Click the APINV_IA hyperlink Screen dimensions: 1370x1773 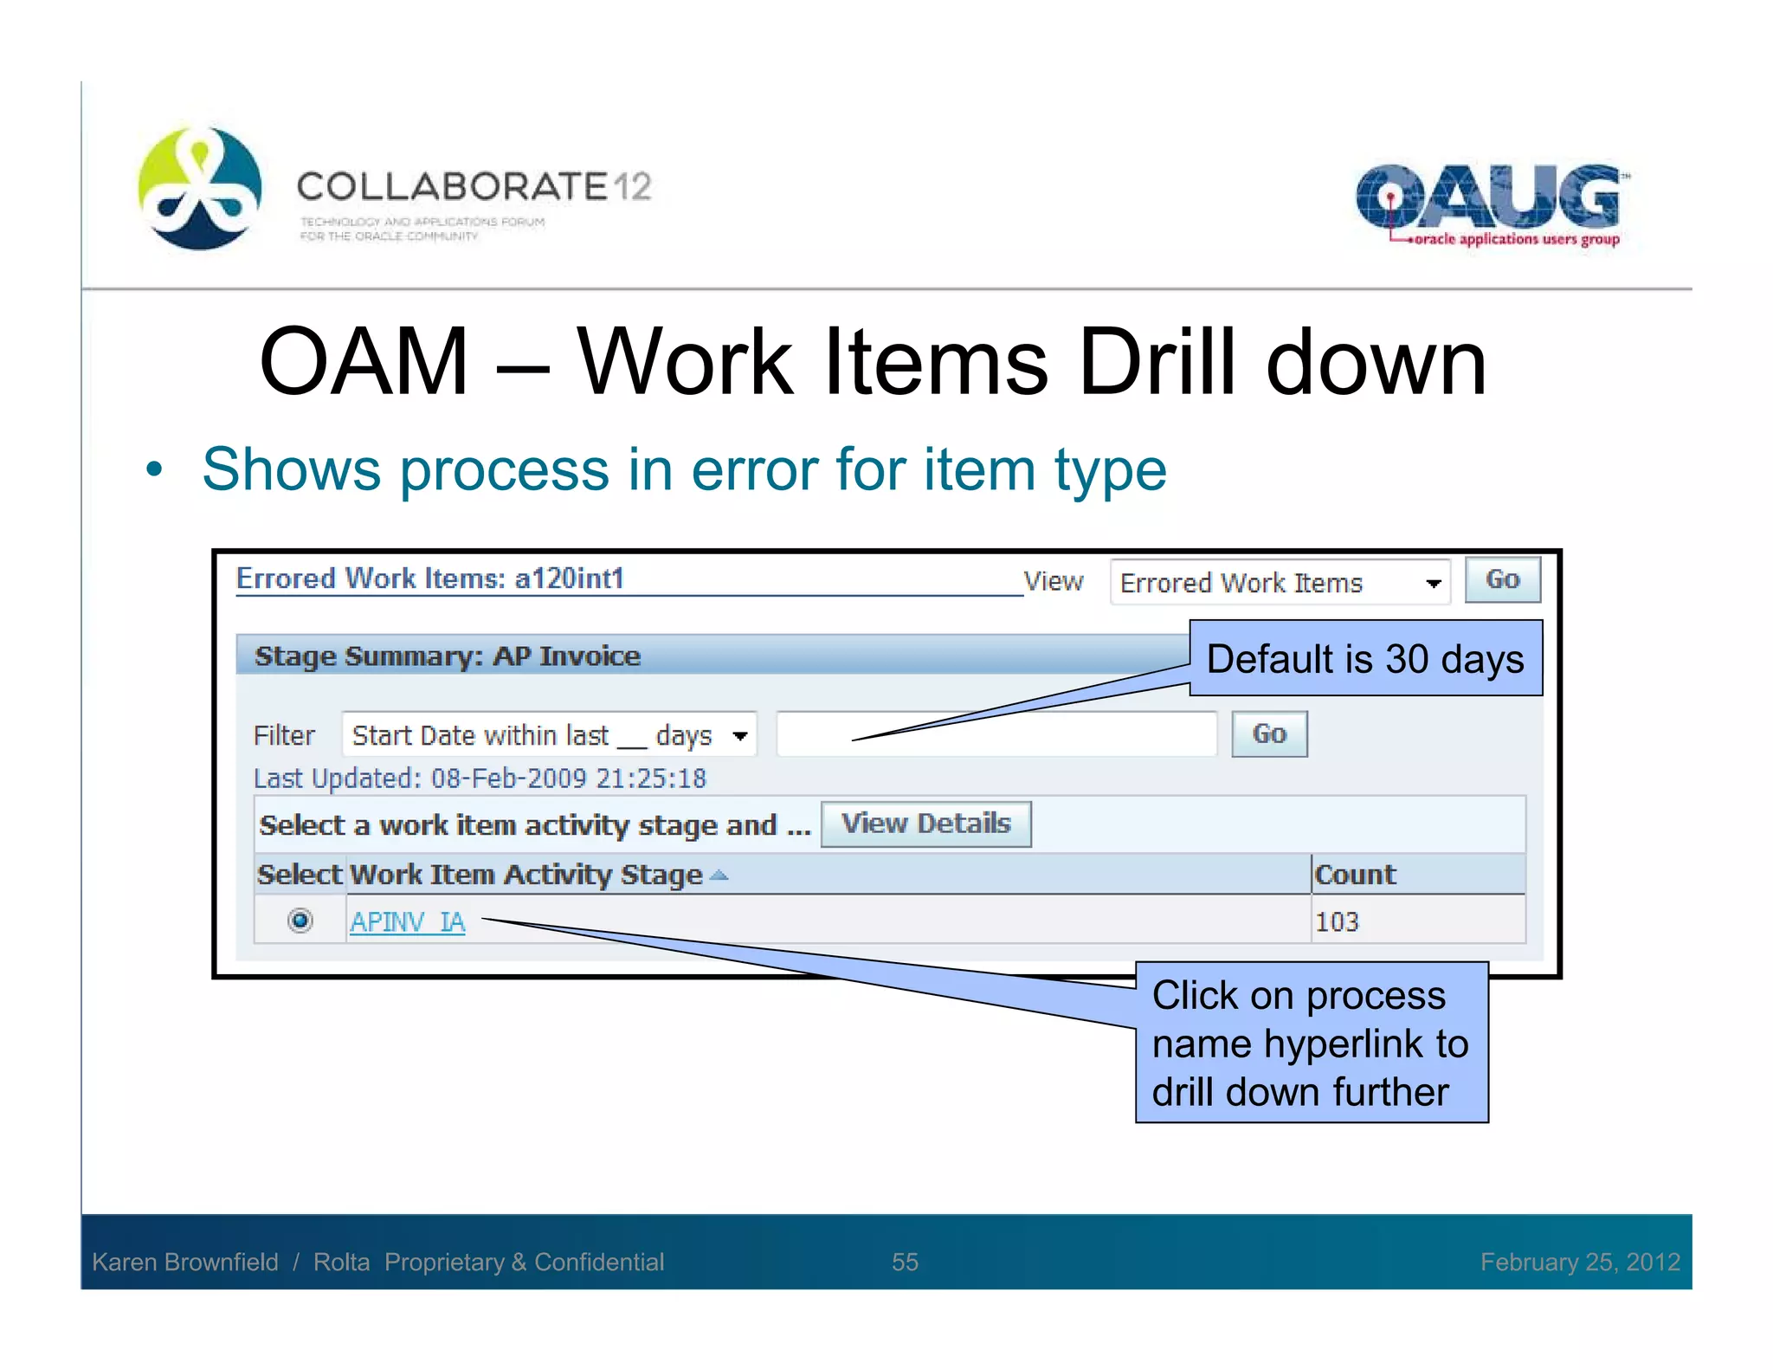click(407, 921)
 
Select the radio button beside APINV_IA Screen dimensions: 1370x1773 click(300, 920)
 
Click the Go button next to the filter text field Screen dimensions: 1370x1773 click(1268, 734)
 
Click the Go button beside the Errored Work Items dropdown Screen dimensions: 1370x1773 click(1502, 579)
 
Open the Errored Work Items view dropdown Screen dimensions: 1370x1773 click(1280, 583)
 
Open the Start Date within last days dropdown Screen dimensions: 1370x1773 click(549, 735)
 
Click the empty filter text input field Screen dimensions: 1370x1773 click(996, 734)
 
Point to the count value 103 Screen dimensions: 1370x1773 click(1337, 921)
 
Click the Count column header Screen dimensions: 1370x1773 click(1355, 875)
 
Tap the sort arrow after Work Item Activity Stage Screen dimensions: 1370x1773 click(719, 876)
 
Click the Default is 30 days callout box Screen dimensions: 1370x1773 click(1365, 658)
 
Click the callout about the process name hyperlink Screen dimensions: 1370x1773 click(1311, 1043)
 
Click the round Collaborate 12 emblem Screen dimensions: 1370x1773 click(200, 188)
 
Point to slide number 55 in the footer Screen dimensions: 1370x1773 click(905, 1262)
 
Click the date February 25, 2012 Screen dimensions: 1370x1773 click(1579, 1262)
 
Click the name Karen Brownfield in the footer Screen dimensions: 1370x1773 click(185, 1262)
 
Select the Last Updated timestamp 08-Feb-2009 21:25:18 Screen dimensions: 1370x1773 click(568, 779)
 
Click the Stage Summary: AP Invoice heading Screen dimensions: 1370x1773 click(447, 656)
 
